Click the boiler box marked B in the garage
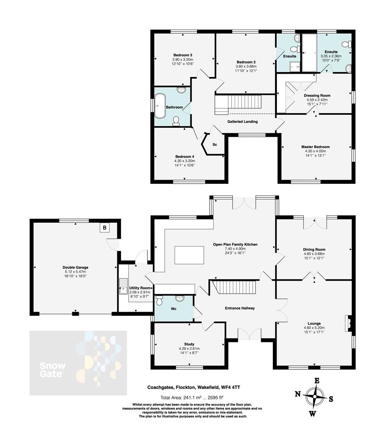[105, 228]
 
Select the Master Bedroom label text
[315, 147]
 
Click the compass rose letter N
[298, 394]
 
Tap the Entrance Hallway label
[240, 308]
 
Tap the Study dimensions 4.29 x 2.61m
[189, 348]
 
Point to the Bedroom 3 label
[183, 55]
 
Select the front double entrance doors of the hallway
[249, 334]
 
